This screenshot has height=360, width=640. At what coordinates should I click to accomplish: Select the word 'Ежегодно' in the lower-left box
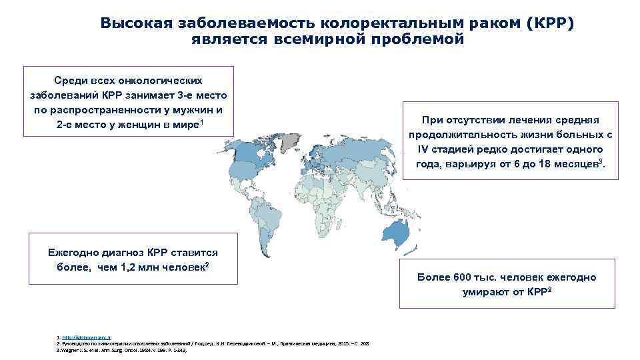tap(73, 253)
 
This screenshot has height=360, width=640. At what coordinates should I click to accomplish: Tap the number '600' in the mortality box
tap(464, 277)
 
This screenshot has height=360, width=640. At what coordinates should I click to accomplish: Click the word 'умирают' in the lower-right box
tap(487, 292)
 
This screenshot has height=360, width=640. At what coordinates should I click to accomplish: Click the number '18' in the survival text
tap(543, 164)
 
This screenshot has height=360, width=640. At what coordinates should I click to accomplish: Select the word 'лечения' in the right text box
tap(533, 120)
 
